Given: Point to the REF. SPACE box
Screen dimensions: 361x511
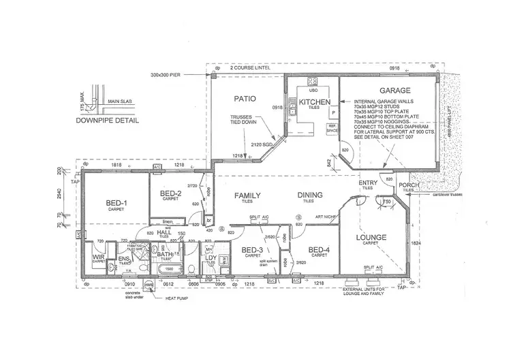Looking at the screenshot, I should pyautogui.click(x=332, y=127).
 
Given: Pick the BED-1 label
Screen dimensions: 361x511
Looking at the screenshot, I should pyautogui.click(x=115, y=203).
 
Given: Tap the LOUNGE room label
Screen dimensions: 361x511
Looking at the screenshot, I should pyautogui.click(x=371, y=238).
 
